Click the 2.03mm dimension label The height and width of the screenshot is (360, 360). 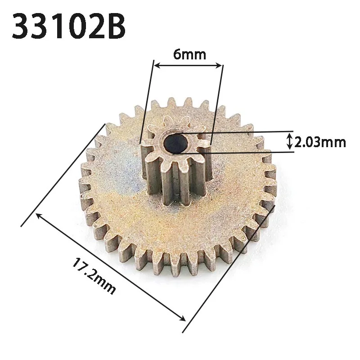[x=320, y=143]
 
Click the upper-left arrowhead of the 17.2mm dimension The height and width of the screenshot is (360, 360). [x=39, y=216]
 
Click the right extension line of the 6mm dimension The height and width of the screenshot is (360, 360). [x=217, y=103]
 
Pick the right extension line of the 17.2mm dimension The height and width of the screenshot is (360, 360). [x=229, y=270]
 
